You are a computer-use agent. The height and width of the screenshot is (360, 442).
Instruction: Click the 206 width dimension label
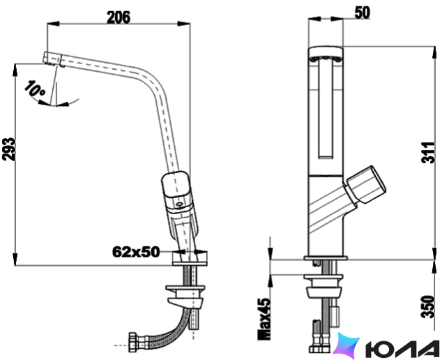[119, 17]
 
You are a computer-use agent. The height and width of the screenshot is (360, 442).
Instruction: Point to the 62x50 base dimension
[136, 252]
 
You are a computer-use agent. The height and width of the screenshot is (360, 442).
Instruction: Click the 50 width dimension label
[362, 13]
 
